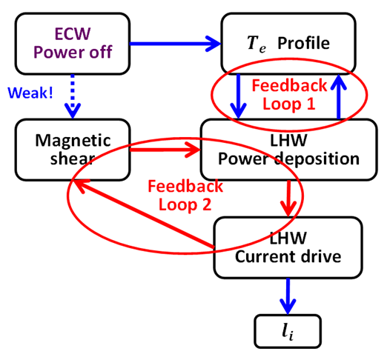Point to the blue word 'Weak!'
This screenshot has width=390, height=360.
[30, 93]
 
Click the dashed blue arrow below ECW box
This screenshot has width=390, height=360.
[73, 96]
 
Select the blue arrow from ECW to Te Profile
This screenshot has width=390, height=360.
[175, 44]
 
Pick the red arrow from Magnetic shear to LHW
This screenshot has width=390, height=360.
[165, 150]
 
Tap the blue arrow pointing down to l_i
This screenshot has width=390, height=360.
[288, 296]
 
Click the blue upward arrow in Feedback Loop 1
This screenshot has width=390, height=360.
[339, 96]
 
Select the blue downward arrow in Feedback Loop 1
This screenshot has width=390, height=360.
[238, 96]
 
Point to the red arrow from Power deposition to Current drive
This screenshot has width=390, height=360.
[288, 199]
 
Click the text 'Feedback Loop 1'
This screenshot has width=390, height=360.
[289, 94]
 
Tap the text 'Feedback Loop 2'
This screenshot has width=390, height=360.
[185, 196]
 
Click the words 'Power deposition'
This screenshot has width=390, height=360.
[288, 159]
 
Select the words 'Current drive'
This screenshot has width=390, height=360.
[288, 256]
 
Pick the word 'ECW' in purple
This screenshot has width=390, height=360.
[73, 34]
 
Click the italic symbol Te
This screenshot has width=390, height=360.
[257, 44]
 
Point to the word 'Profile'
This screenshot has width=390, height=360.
[303, 43]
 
